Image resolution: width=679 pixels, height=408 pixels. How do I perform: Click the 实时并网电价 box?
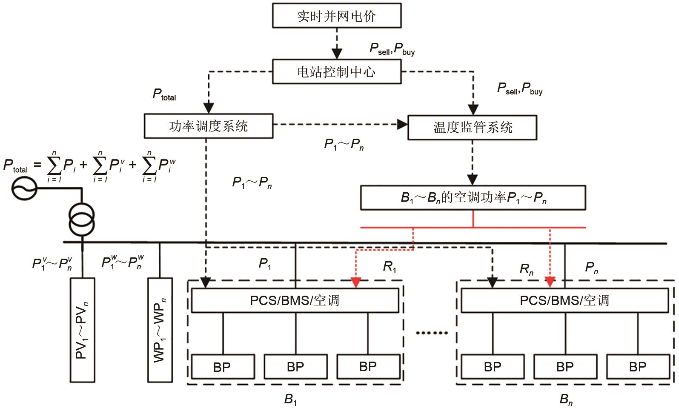(336, 16)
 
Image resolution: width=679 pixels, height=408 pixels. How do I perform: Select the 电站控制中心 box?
(336, 71)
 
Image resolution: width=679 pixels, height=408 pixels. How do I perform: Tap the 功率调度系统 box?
(208, 126)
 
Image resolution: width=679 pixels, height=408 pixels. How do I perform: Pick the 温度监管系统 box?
(472, 127)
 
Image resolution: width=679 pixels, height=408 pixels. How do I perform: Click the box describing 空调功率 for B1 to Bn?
(473, 197)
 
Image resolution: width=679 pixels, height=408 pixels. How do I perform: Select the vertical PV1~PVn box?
(83, 330)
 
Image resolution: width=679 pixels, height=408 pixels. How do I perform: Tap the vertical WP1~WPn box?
(160, 330)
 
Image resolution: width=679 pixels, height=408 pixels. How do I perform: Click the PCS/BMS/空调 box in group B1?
(295, 300)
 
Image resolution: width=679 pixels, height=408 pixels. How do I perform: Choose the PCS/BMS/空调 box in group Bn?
(564, 300)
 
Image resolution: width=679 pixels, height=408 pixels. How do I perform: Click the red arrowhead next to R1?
(356, 282)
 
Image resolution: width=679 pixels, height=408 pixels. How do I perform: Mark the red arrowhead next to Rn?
(550, 282)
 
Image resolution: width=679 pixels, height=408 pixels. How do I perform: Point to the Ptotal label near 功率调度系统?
(164, 94)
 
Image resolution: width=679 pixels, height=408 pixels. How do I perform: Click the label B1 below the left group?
(290, 399)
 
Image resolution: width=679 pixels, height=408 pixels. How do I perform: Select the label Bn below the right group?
(566, 399)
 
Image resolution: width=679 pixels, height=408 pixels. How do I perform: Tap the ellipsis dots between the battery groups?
(431, 333)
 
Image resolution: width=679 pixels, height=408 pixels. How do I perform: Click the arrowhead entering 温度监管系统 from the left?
(403, 125)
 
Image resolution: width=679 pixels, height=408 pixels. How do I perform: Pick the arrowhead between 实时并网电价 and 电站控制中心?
(337, 54)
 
